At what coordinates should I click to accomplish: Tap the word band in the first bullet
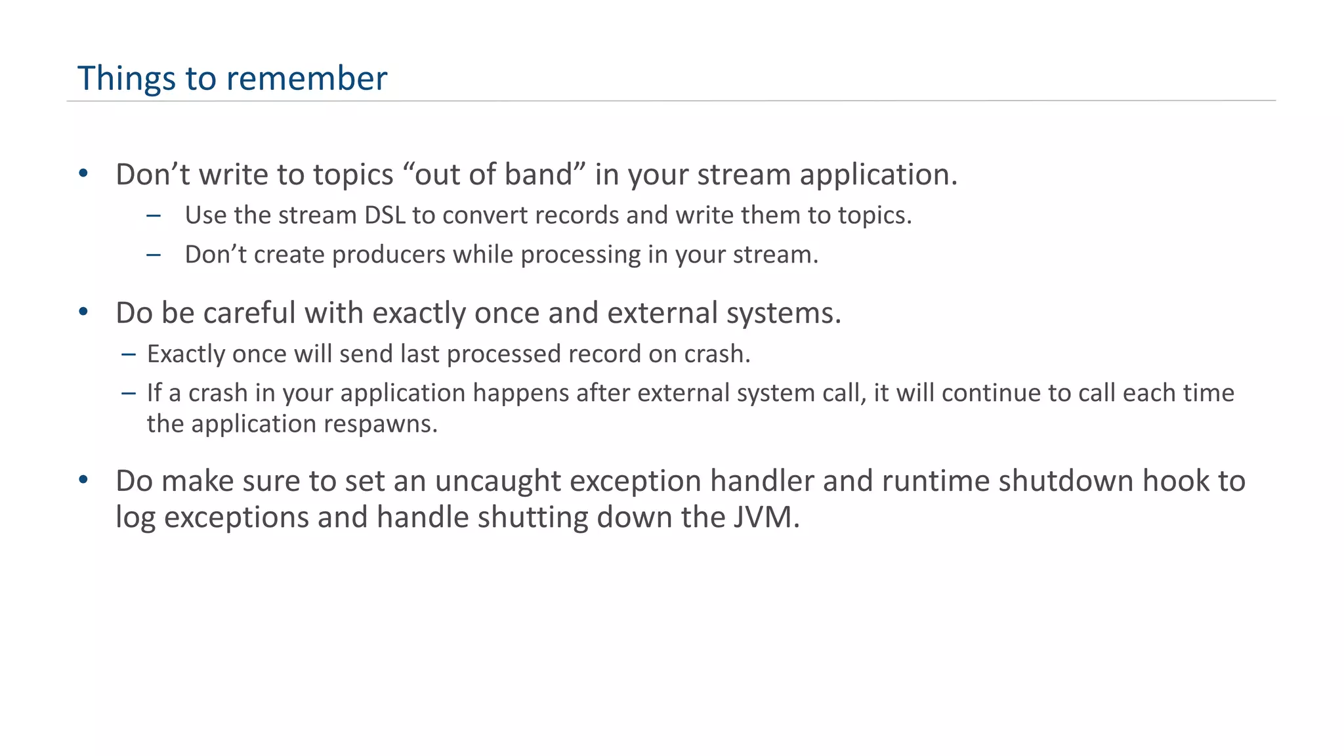(544, 175)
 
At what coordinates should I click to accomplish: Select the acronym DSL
(385, 215)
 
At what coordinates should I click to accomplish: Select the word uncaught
(497, 481)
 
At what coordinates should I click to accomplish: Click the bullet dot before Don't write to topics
(83, 174)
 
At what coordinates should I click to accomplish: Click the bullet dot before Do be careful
(83, 312)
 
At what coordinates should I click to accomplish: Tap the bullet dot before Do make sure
(83, 480)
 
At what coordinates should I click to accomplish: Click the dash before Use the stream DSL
(154, 215)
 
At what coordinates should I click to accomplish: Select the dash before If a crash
(129, 393)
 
